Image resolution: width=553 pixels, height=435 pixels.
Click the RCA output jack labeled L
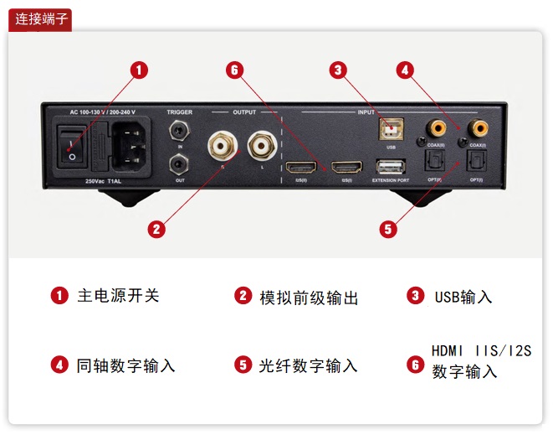tap(261, 147)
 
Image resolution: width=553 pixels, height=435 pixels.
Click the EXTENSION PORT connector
tap(391, 166)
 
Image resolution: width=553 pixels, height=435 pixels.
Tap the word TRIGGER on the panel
tap(179, 111)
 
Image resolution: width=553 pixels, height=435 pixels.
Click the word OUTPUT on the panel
tap(244, 111)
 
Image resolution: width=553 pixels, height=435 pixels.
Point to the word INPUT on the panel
tap(366, 111)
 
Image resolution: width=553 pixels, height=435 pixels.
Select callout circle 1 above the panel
tap(139, 70)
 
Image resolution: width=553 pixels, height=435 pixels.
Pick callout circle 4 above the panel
tap(405, 70)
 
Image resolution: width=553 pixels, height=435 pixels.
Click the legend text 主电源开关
tap(118, 296)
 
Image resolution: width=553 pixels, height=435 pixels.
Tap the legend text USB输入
tap(463, 297)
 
